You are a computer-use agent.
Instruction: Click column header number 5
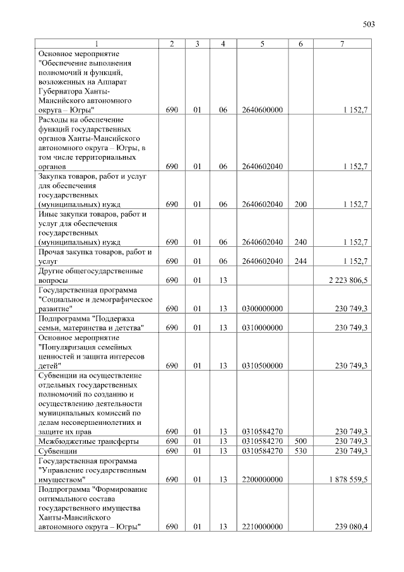262,43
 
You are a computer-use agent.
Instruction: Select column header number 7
342,43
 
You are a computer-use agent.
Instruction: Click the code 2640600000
262,110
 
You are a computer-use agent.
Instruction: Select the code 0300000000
262,309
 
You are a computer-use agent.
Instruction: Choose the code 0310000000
262,328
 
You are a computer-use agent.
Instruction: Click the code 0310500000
262,366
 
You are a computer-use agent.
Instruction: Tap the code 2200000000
262,480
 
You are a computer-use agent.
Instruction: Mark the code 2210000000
262,527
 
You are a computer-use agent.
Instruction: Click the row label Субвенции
57,451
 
